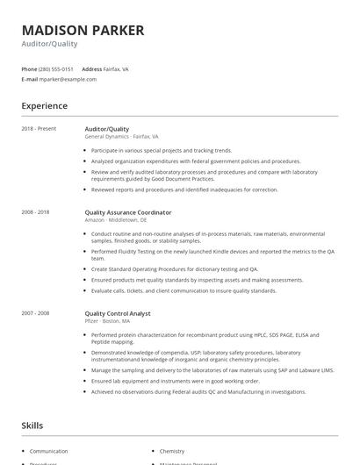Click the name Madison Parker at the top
(83, 30)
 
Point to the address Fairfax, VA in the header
(117, 68)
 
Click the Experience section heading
(45, 106)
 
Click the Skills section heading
(32, 426)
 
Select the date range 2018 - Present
(39, 129)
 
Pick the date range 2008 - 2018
(36, 212)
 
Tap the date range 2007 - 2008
(36, 313)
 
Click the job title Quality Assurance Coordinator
(128, 212)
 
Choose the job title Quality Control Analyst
(118, 313)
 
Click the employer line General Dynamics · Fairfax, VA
(121, 137)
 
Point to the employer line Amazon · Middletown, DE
(116, 220)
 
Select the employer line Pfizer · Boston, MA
(110, 321)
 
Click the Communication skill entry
(48, 451)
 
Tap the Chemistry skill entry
(172, 451)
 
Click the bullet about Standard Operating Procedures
(175, 268)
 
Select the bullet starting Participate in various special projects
(162, 150)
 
